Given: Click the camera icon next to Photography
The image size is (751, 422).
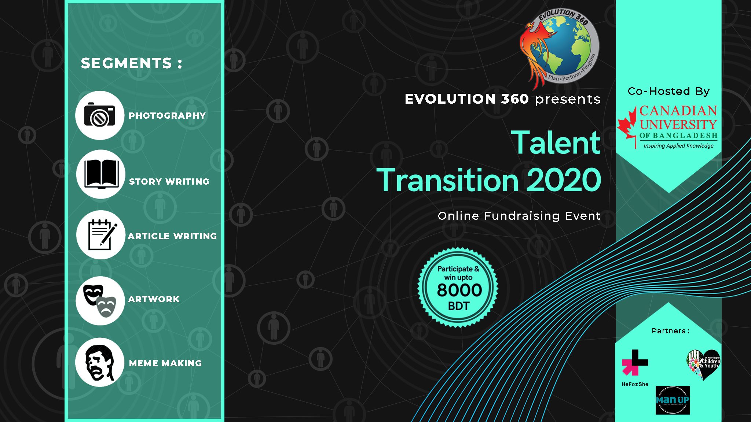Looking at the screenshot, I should (100, 115).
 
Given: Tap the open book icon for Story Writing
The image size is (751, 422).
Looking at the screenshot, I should (101, 174).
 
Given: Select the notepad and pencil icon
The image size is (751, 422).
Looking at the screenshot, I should (101, 235).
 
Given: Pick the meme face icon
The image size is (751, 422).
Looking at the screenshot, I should (99, 362).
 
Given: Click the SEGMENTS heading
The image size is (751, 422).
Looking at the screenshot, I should (131, 63).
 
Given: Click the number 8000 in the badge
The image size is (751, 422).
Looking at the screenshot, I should (459, 290).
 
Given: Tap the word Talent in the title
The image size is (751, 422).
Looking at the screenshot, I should (556, 143).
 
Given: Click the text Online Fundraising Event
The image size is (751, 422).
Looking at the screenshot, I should (519, 216).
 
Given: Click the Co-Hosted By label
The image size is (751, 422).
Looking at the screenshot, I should (668, 91).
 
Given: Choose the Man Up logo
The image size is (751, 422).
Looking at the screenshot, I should (672, 400).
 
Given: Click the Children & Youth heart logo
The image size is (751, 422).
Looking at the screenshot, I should (703, 364).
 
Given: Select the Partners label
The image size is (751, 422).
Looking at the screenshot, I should (670, 331).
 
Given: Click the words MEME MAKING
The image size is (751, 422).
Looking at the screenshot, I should (165, 363).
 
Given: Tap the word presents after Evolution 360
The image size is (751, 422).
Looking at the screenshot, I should (567, 99).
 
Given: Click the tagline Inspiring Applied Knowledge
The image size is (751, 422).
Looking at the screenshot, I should (678, 146).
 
